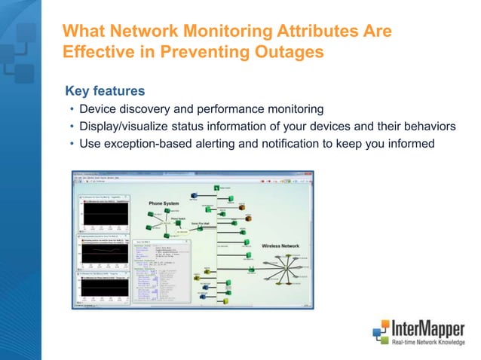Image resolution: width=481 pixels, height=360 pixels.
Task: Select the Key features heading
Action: [x=105, y=91]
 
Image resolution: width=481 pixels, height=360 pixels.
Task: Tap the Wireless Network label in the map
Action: [x=280, y=246]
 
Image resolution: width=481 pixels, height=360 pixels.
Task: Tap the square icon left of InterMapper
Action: [x=381, y=333]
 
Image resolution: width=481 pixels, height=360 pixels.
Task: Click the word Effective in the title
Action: [x=94, y=53]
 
